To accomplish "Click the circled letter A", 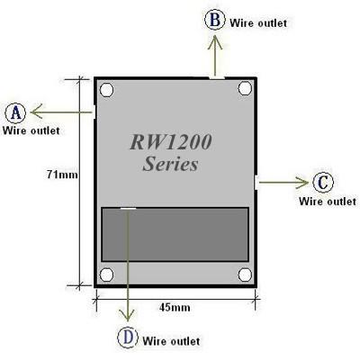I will click(15, 112).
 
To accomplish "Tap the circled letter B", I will click(214, 20).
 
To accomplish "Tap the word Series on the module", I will click(170, 166).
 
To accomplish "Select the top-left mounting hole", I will click(107, 90).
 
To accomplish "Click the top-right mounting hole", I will click(243, 90).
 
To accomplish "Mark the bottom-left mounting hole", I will click(107, 274).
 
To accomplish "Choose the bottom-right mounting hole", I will click(243, 274).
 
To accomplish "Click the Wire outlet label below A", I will click(31, 130).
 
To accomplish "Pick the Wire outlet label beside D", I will click(171, 341).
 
